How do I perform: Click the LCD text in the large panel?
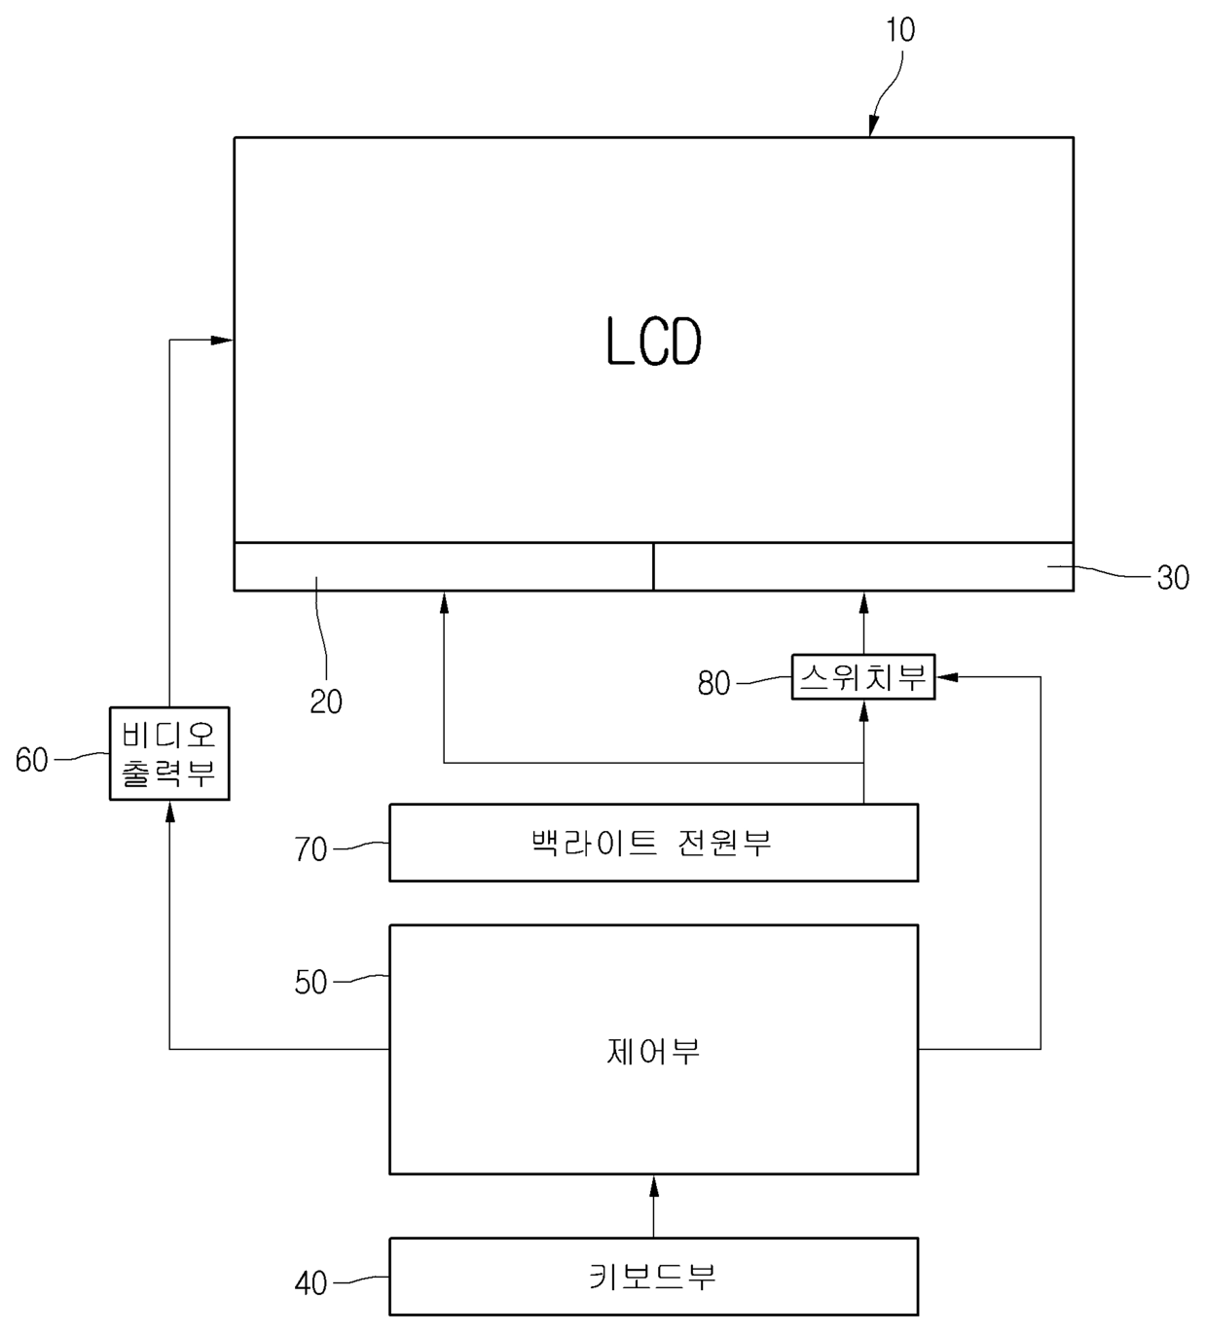(x=653, y=342)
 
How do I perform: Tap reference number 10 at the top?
(x=900, y=30)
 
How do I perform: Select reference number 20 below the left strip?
(x=326, y=702)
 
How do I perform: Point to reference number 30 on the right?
(x=1173, y=578)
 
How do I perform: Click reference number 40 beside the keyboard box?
(x=311, y=1283)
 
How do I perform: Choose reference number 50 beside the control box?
(x=311, y=982)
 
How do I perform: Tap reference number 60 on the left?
(x=31, y=760)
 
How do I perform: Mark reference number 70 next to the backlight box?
(x=311, y=849)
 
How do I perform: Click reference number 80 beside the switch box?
(x=713, y=683)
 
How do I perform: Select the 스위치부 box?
(x=862, y=677)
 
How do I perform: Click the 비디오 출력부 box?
(x=169, y=753)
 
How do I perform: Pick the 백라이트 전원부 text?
(x=652, y=842)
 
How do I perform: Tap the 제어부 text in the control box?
(x=653, y=1051)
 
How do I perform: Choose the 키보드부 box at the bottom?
(x=653, y=1276)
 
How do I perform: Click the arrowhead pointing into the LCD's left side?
(x=223, y=340)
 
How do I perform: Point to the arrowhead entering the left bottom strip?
(x=444, y=602)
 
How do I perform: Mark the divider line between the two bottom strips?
(x=653, y=566)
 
